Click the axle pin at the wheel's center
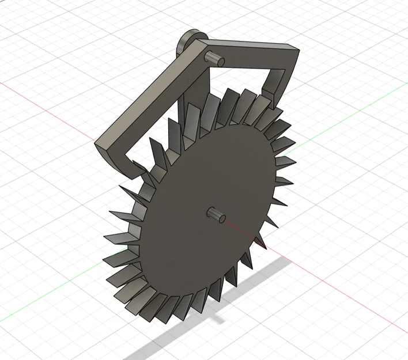(216, 214)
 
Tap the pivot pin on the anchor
(214, 58)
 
